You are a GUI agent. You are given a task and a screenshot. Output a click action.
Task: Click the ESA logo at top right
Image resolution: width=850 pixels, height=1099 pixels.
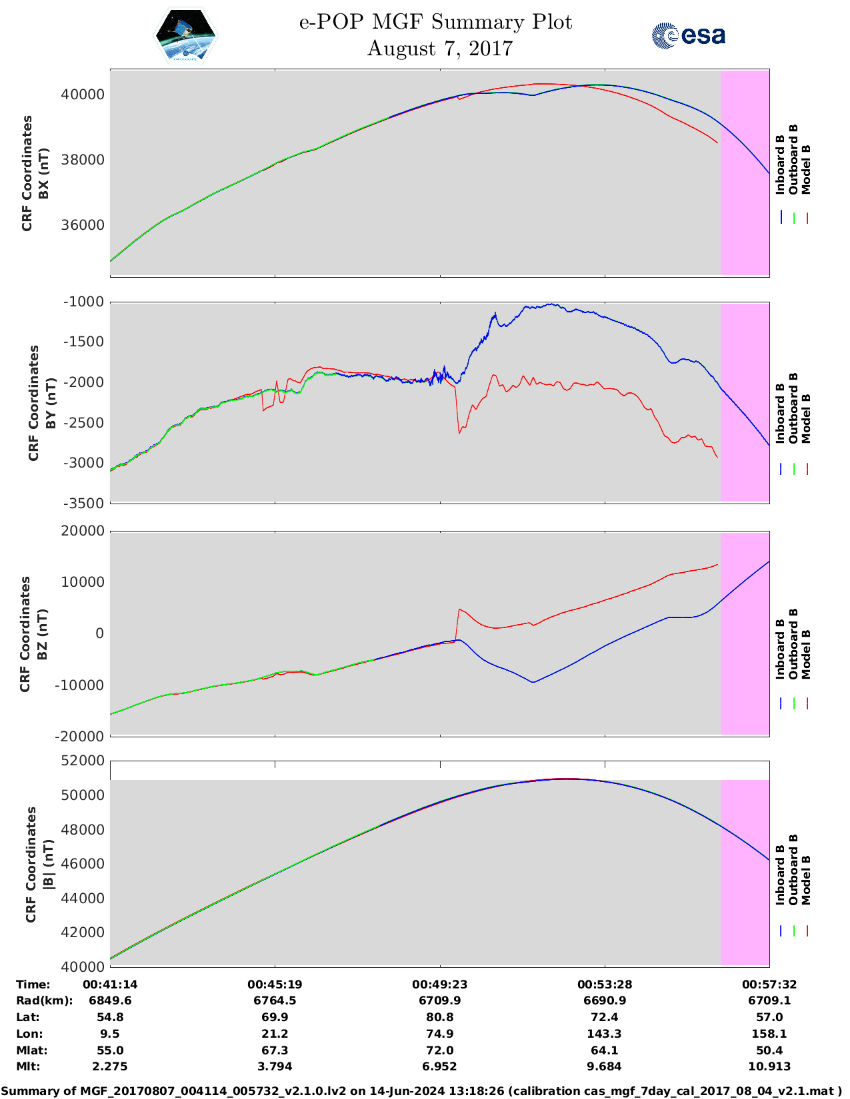689,35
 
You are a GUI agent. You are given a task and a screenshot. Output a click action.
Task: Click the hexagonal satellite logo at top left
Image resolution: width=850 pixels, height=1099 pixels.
186,36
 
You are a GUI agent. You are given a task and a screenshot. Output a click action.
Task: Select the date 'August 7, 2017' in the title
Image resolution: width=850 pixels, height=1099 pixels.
440,49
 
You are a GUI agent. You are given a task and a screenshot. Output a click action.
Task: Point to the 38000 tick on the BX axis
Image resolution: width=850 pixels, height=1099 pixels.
83,160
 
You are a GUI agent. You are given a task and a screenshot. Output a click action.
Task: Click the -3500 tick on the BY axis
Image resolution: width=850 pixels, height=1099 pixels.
84,504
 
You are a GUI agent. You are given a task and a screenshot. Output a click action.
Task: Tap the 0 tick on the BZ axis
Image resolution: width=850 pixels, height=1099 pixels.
100,633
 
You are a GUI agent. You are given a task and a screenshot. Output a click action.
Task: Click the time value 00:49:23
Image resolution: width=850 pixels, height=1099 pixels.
439,984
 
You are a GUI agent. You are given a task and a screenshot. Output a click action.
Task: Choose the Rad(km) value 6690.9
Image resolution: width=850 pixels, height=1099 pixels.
605,1000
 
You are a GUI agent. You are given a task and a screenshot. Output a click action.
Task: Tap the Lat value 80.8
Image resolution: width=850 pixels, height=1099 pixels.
439,1017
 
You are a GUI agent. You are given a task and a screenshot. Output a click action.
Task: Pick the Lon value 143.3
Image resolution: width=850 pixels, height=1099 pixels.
605,1034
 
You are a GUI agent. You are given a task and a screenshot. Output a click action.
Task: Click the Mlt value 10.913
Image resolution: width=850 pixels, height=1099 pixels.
769,1066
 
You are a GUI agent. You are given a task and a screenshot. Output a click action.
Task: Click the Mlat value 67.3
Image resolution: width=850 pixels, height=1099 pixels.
275,1050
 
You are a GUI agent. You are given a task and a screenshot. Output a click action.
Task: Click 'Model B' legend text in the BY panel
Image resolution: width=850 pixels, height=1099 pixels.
806,418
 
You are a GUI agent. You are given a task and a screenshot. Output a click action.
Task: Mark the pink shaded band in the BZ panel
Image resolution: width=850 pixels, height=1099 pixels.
745,633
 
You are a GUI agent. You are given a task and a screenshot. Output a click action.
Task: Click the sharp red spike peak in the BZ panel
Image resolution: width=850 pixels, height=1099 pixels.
459,609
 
